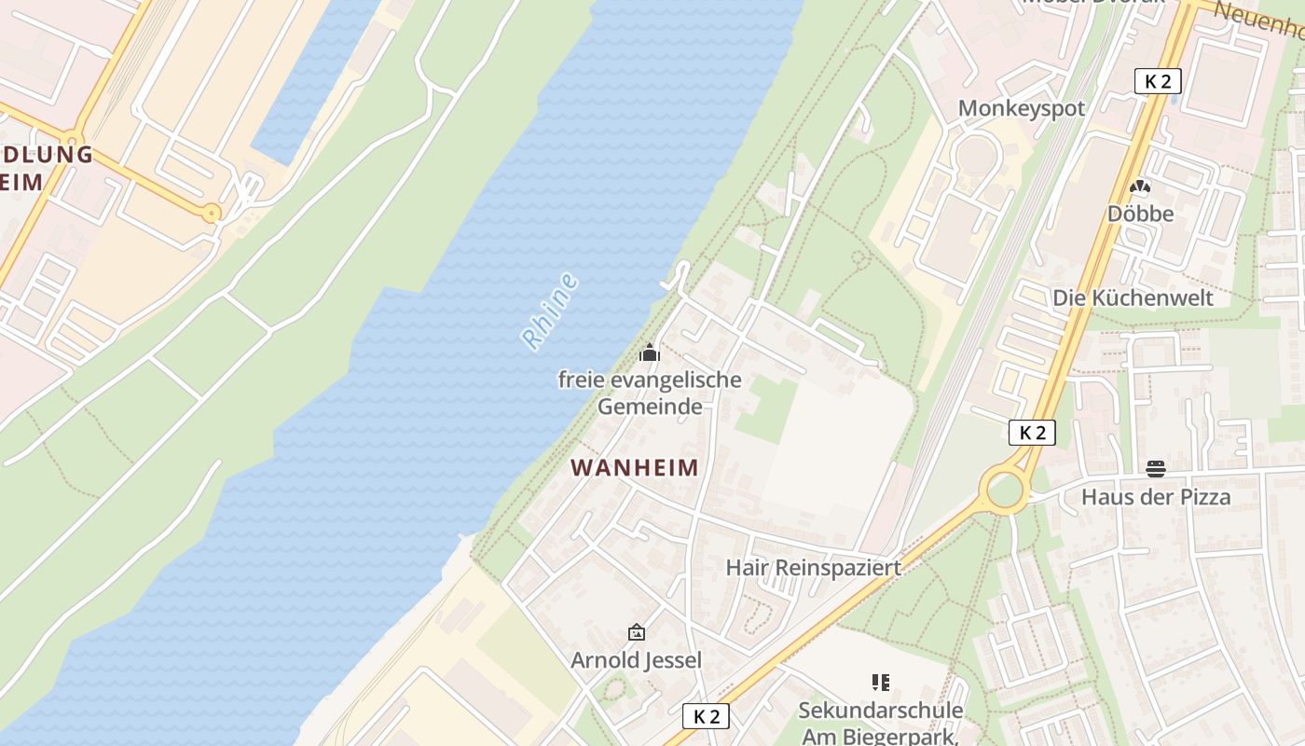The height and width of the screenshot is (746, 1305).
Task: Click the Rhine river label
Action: (x=549, y=311)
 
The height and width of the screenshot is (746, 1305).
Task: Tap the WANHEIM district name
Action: (x=634, y=467)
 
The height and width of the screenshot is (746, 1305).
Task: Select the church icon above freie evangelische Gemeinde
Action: (x=650, y=352)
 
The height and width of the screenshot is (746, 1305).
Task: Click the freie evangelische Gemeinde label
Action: (x=650, y=393)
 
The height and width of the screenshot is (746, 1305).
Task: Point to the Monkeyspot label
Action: (x=1022, y=108)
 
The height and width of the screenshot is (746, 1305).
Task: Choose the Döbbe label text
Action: (x=1140, y=214)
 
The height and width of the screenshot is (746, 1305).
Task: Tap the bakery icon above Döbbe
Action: (x=1139, y=187)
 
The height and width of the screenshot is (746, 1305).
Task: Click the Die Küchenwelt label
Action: (x=1133, y=297)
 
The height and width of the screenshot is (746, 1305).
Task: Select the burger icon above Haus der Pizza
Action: (x=1156, y=468)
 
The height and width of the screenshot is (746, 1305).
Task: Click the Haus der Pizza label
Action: (x=1156, y=497)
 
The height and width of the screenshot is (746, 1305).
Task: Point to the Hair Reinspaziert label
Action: (x=813, y=567)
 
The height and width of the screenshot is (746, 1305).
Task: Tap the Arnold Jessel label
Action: (x=636, y=660)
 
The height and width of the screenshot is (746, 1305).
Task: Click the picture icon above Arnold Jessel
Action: (x=637, y=632)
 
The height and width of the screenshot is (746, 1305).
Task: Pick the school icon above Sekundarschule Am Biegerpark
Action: (x=880, y=683)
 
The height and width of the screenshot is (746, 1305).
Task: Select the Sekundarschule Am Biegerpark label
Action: (x=880, y=723)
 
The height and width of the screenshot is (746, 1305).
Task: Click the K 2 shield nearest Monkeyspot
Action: (x=1158, y=81)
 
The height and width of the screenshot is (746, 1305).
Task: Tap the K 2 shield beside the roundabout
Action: (x=1032, y=433)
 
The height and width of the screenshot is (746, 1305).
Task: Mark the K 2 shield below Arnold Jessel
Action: (x=707, y=716)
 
